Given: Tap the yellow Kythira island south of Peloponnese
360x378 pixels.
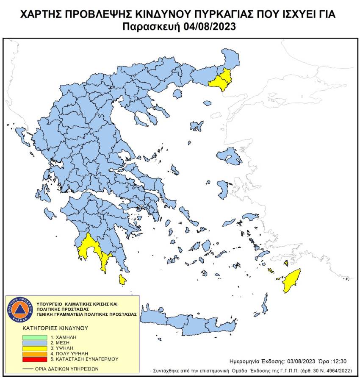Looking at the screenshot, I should click(122, 279).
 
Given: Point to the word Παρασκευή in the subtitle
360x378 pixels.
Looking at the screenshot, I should click(152, 26).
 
